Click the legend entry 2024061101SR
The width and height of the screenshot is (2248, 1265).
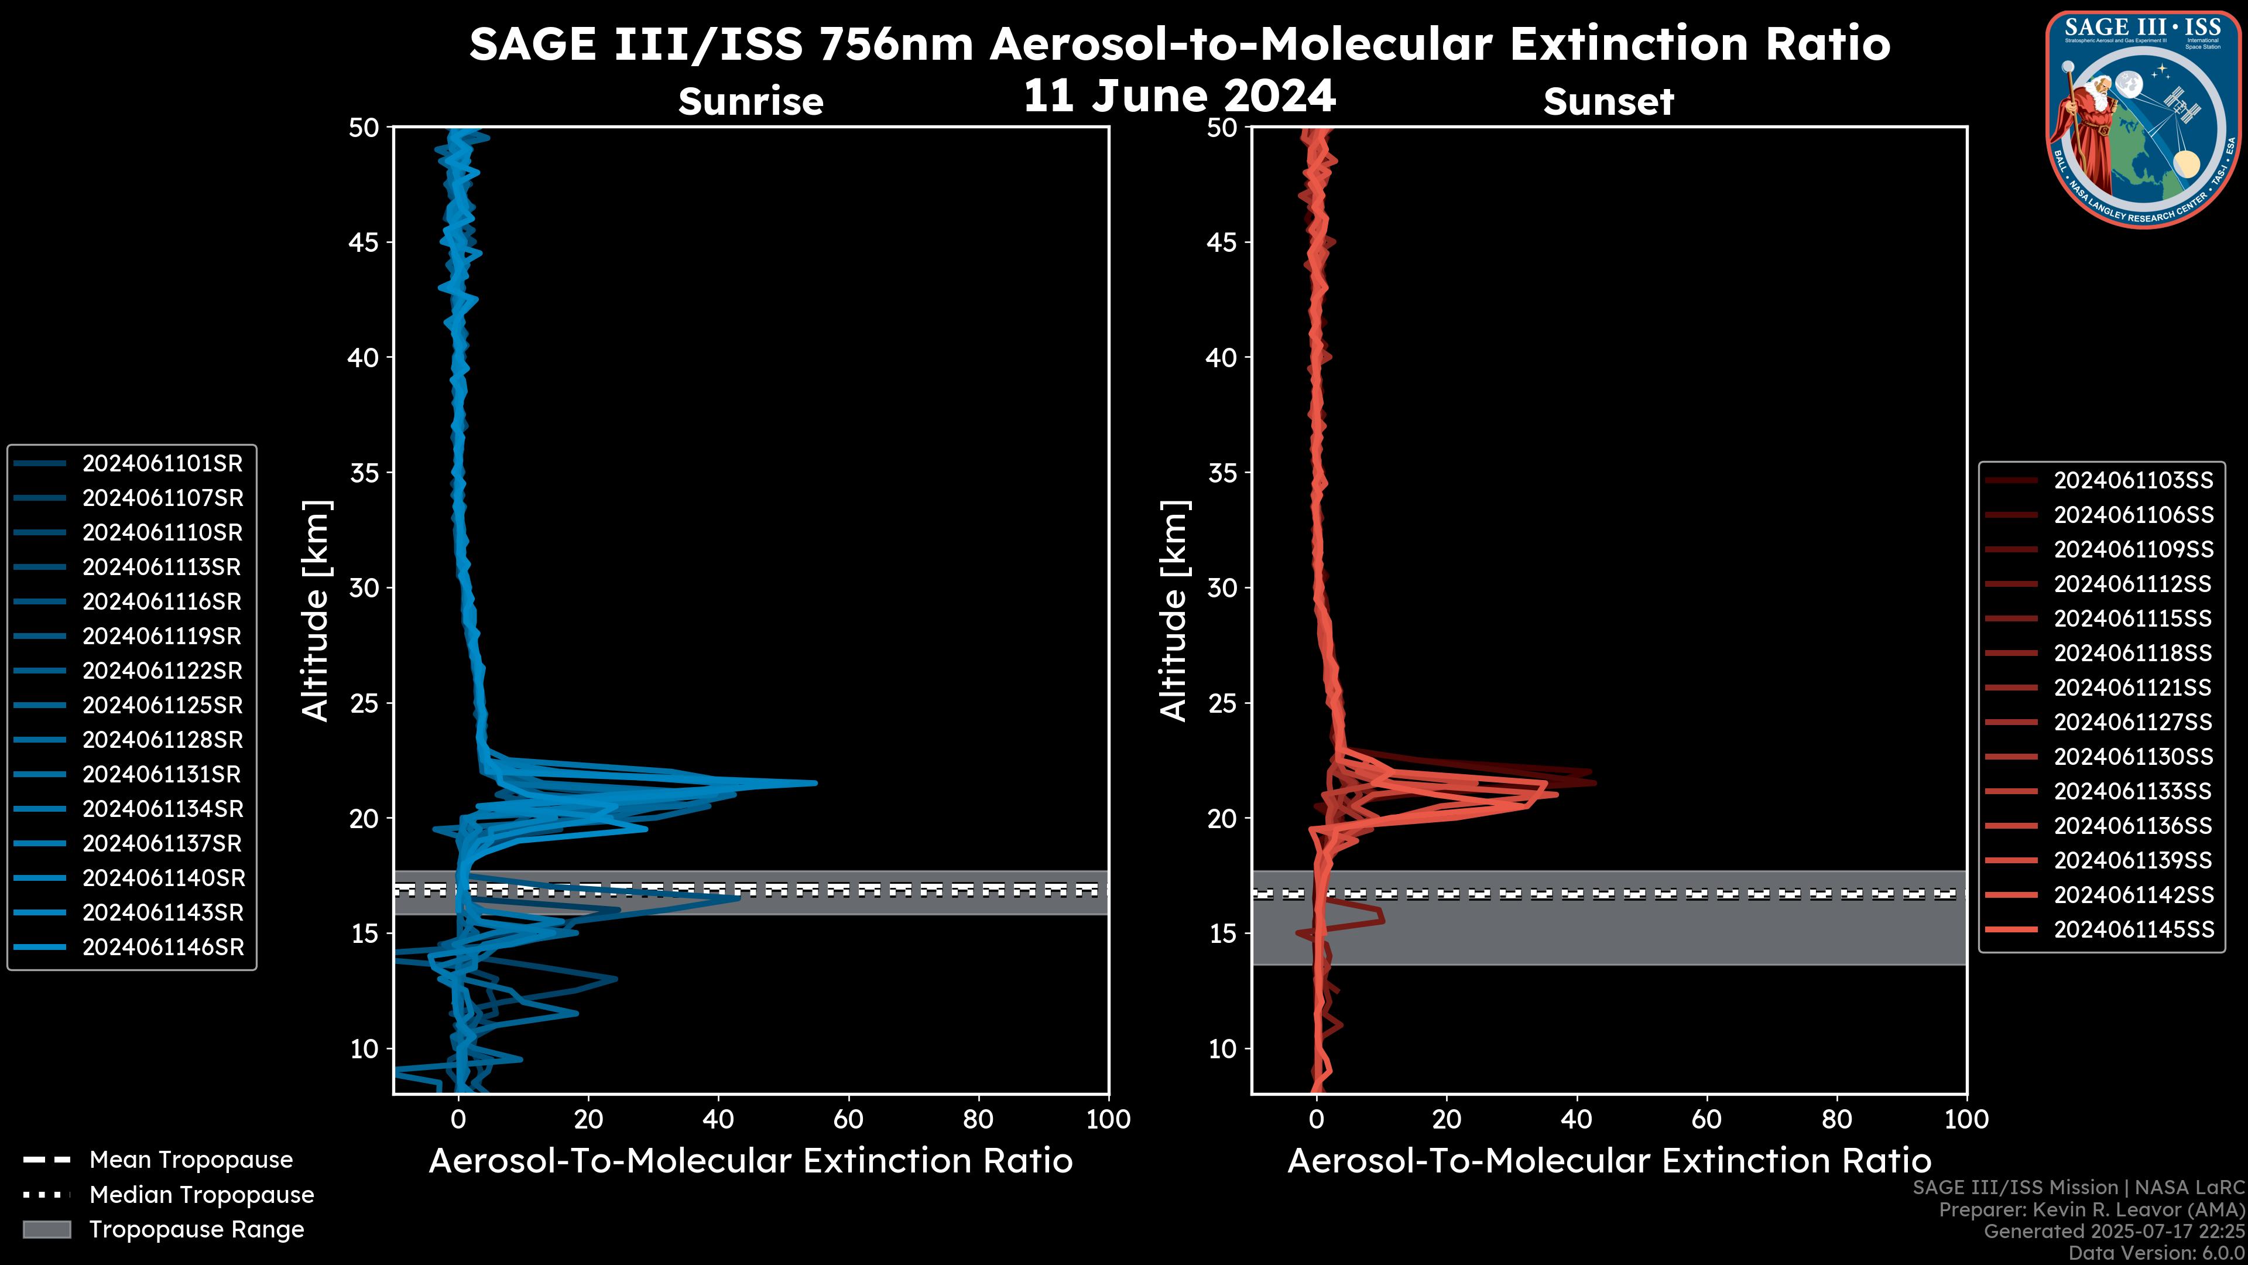(x=162, y=464)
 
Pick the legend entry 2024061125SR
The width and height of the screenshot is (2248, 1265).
(x=162, y=705)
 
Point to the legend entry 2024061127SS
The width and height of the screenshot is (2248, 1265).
(x=2133, y=722)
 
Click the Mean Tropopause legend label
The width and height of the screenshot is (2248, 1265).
(x=191, y=1160)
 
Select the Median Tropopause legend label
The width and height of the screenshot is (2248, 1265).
(x=201, y=1195)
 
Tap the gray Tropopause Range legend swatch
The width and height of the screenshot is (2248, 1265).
(x=47, y=1229)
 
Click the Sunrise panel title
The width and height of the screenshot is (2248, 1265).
(x=751, y=101)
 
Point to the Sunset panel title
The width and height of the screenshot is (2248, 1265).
(x=1608, y=101)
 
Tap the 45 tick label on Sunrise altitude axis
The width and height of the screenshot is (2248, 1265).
(x=364, y=242)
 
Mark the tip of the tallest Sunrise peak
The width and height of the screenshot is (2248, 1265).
(x=817, y=783)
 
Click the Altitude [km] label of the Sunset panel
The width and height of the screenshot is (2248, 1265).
(x=1174, y=611)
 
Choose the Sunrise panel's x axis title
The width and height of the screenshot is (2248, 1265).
(x=751, y=1161)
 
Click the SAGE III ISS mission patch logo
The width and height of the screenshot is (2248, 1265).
(x=2143, y=119)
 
